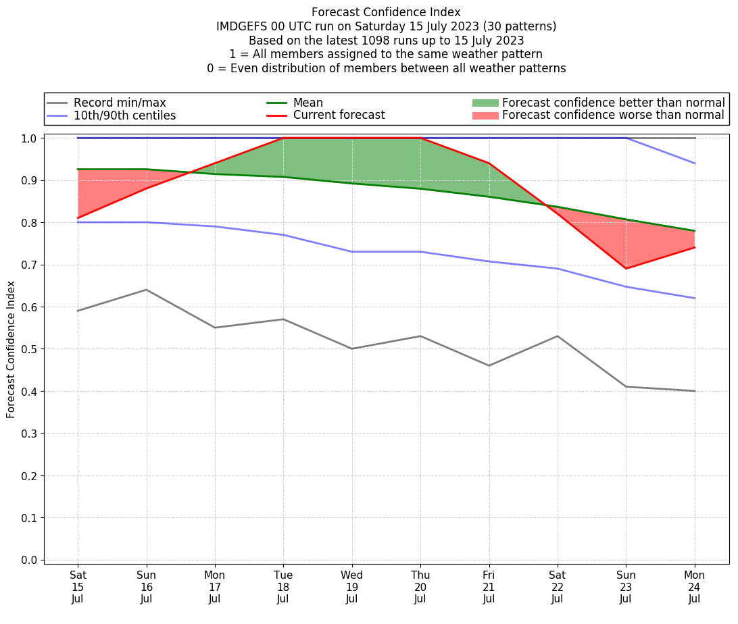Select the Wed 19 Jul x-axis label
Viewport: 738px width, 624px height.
(351, 587)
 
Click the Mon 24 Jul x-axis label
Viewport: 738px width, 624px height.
(694, 587)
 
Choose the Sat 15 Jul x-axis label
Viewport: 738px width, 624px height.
(78, 587)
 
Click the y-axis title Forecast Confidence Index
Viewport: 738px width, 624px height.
(11, 349)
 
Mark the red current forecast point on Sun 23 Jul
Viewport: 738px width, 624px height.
(626, 269)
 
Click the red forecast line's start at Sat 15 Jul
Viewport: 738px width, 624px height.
(78, 218)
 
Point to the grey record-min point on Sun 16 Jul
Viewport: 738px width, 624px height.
(146, 290)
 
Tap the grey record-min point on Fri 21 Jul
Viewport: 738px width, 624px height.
(489, 365)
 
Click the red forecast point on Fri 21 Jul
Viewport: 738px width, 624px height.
(489, 163)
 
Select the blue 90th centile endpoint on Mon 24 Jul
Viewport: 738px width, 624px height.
(694, 163)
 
